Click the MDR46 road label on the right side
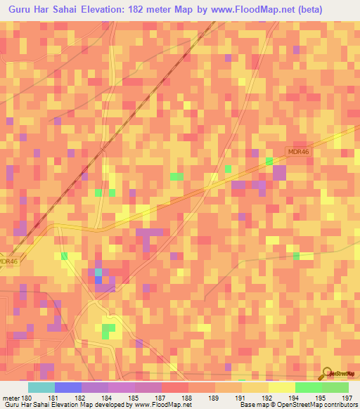click(x=298, y=151)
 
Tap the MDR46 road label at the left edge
click(x=8, y=261)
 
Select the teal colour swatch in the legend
click(x=41, y=387)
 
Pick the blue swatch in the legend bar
click(x=67, y=387)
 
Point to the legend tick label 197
click(x=347, y=397)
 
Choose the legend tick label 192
click(x=268, y=397)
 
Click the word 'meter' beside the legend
click(x=12, y=397)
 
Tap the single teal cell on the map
click(x=98, y=271)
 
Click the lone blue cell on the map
click(x=98, y=280)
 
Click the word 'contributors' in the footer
click(x=334, y=404)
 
